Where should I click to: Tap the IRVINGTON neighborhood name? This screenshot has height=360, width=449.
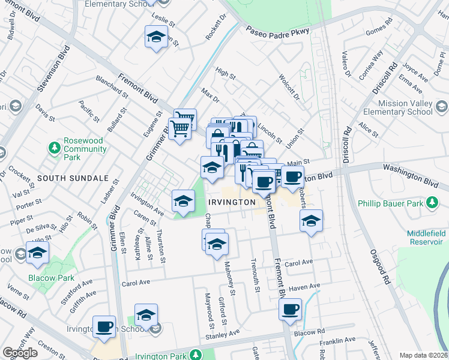[x=232, y=203]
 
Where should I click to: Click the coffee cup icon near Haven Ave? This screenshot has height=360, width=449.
[x=291, y=310]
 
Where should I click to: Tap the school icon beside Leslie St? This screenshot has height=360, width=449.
[x=156, y=38]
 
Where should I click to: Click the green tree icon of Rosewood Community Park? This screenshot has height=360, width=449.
[x=55, y=147]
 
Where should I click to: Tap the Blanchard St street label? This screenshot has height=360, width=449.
[x=112, y=86]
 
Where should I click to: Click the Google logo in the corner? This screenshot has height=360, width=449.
[x=20, y=353]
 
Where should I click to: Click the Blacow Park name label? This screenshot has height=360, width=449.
[x=52, y=278]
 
